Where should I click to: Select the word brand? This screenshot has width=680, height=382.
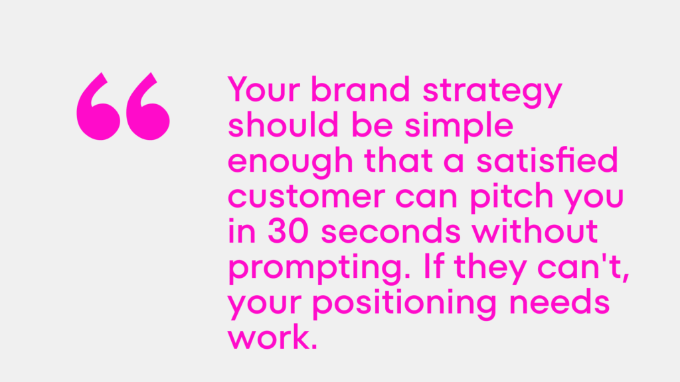click(x=361, y=90)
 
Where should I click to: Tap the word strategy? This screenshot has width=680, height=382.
click(x=492, y=92)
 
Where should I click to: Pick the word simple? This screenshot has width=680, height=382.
click(x=459, y=127)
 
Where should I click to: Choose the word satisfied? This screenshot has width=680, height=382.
click(x=547, y=160)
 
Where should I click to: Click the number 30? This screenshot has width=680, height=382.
click(x=288, y=231)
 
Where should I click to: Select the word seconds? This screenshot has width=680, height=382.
click(x=390, y=231)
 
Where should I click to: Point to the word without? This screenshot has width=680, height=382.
click(x=535, y=231)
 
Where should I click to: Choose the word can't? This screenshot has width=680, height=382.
click(x=583, y=267)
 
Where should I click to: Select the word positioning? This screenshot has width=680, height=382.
click(x=404, y=304)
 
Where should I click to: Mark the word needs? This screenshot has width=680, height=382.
click(x=559, y=302)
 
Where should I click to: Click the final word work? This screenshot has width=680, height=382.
click(x=272, y=337)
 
